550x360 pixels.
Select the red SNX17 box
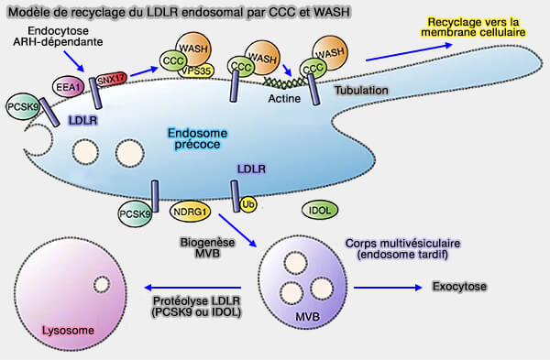(x=112, y=79)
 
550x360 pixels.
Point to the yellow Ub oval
(x=248, y=203)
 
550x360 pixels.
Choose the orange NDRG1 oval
(x=191, y=213)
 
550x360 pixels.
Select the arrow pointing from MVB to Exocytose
(x=384, y=287)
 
